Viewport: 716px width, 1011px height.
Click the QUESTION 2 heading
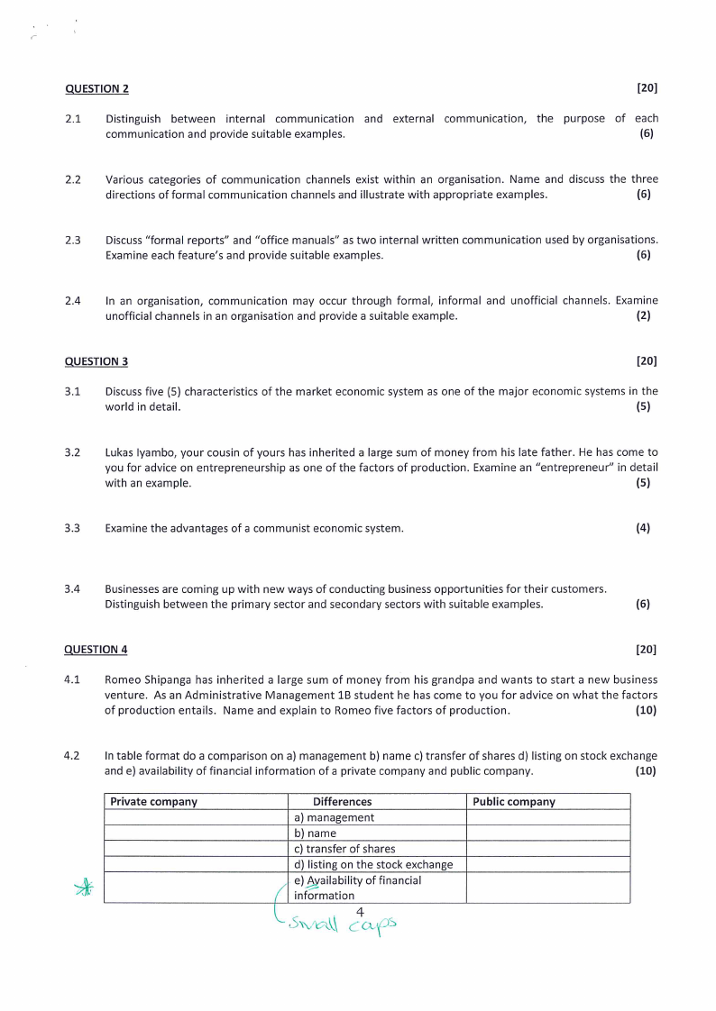[x=96, y=88]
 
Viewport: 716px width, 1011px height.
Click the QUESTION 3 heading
[x=96, y=361]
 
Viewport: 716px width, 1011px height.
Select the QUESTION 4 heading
[x=96, y=649]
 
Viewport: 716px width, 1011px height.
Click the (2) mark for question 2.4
[x=643, y=315]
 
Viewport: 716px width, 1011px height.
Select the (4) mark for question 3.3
[x=643, y=528]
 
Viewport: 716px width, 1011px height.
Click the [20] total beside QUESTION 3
[x=647, y=361]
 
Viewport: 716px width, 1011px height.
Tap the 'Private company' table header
[x=153, y=802]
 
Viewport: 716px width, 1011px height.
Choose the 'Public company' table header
[x=514, y=802]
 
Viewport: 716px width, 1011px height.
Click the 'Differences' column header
[x=342, y=802]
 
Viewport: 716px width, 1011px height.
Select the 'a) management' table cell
[x=334, y=817]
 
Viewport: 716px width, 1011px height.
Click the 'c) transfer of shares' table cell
[x=344, y=849]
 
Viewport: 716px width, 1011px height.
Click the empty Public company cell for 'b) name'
[x=547, y=833]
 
